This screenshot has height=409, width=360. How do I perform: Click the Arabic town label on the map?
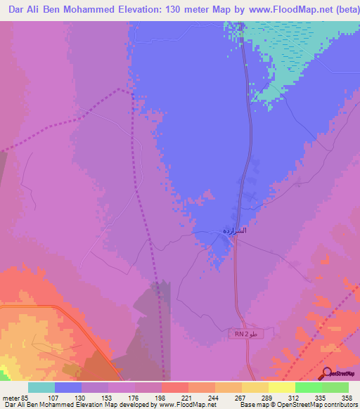click(233, 231)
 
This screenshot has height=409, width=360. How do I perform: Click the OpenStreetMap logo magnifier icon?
click(327, 374)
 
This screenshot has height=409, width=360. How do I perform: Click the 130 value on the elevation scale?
click(80, 397)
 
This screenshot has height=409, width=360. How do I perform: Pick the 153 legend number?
click(107, 397)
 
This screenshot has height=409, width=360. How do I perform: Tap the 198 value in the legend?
click(160, 397)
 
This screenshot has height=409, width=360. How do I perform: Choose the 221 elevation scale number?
click(187, 397)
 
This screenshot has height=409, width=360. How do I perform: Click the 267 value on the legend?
click(240, 397)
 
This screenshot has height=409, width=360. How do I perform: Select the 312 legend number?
click(294, 397)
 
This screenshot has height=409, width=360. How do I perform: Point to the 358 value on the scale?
click(347, 397)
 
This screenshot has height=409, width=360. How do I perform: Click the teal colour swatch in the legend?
click(41, 387)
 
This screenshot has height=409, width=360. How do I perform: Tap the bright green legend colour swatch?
click(308, 387)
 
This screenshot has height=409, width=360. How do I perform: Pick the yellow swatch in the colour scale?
click(281, 387)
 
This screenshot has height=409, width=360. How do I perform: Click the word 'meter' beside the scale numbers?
click(9, 397)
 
